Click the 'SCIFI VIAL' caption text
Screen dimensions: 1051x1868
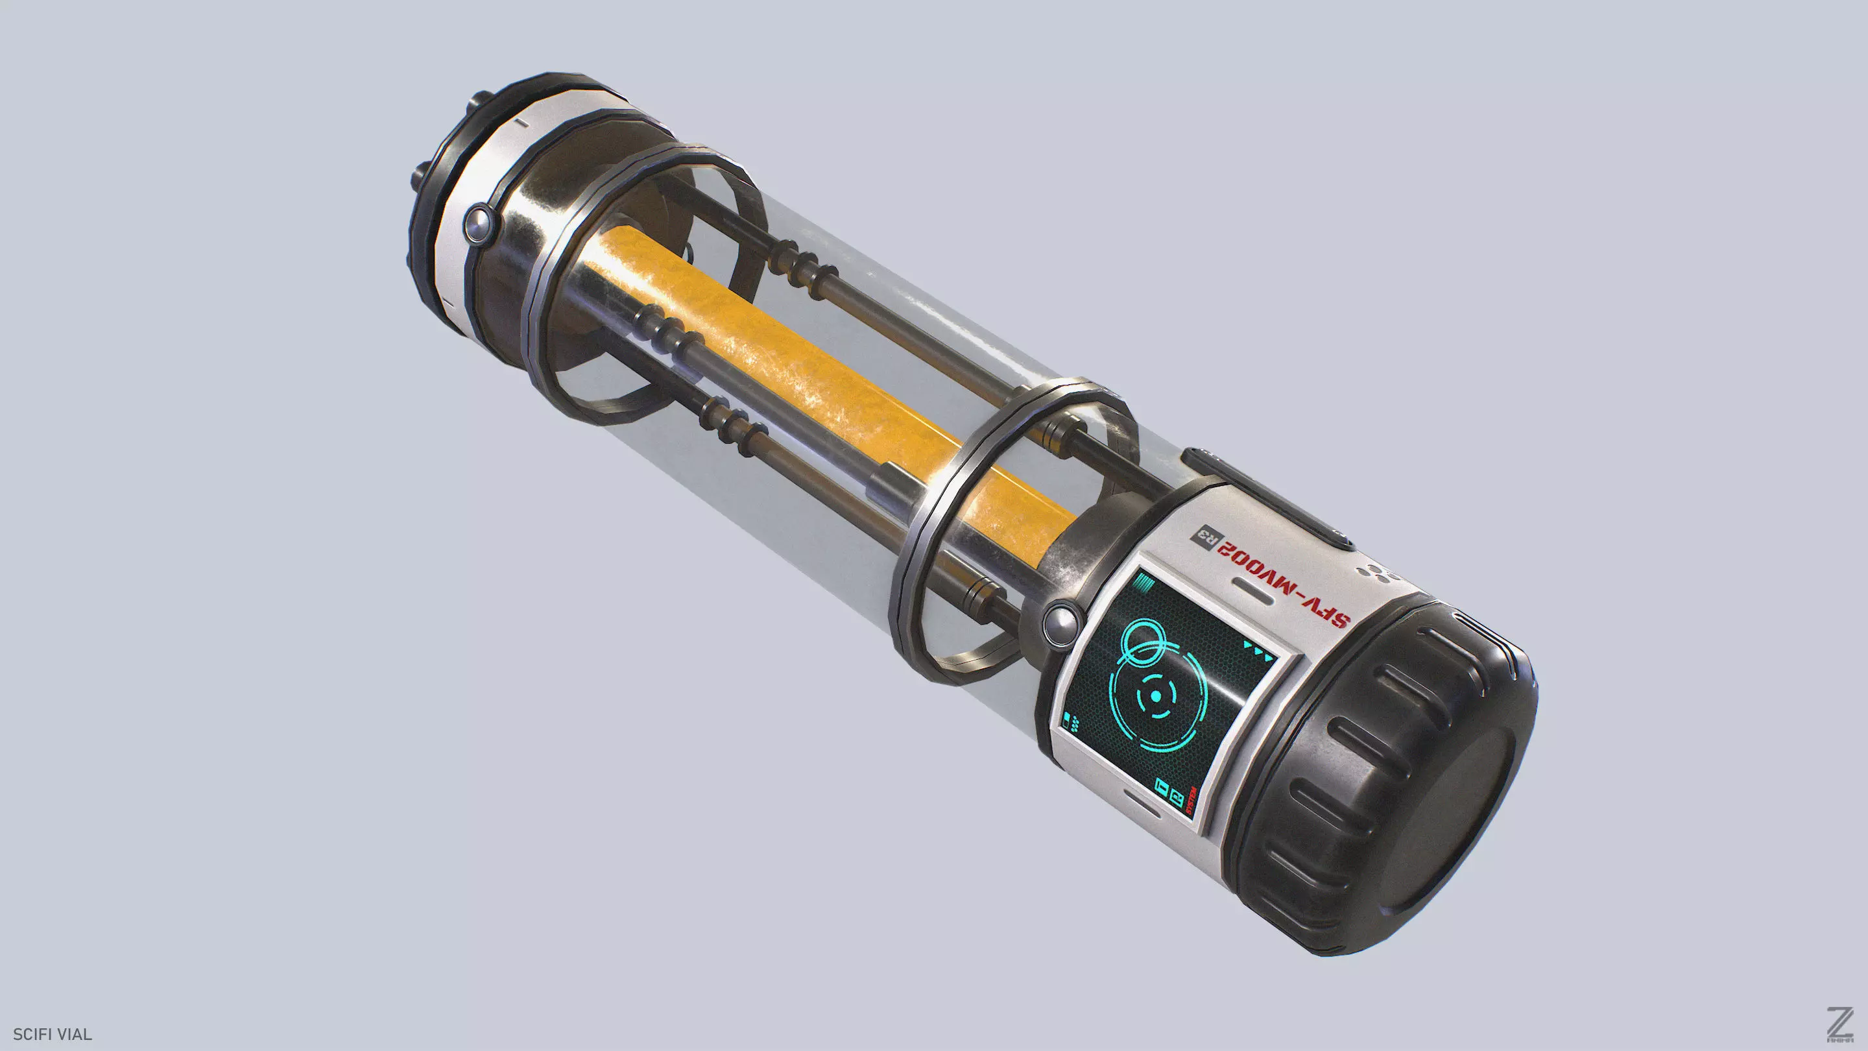tap(52, 1034)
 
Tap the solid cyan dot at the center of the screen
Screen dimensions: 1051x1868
tap(1156, 695)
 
